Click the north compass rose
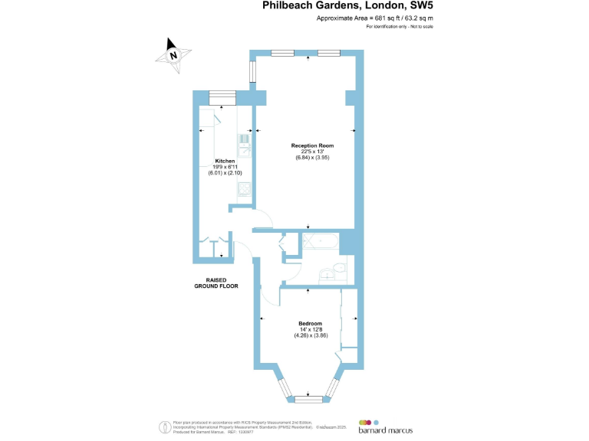(x=174, y=54)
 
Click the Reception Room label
(x=310, y=145)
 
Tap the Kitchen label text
(x=224, y=161)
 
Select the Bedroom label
(x=310, y=323)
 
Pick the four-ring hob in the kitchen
(x=244, y=189)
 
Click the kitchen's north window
(x=223, y=96)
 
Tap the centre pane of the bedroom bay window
(x=309, y=399)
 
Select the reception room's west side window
(x=252, y=70)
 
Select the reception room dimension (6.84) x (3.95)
(x=310, y=158)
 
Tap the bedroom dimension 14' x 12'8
(x=310, y=329)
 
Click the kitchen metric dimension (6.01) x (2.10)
(x=224, y=173)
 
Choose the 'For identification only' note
(x=400, y=27)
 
